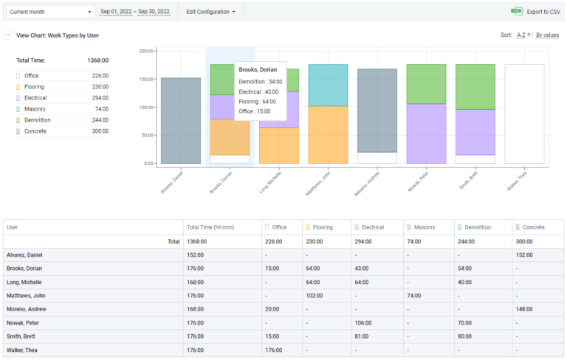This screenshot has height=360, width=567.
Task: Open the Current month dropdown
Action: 50,12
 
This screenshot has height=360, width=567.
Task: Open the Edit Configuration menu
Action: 210,12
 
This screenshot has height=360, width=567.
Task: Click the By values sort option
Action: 547,35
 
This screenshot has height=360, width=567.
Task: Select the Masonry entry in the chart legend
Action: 34,108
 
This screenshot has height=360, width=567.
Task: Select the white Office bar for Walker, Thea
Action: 524,114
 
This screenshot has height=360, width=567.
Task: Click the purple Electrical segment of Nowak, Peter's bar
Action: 426,134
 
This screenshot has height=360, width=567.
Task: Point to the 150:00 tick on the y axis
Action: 145,79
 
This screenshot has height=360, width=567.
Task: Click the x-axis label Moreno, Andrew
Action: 369,182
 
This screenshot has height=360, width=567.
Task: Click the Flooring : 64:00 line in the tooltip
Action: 257,101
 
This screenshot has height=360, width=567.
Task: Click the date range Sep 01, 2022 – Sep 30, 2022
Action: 135,12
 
